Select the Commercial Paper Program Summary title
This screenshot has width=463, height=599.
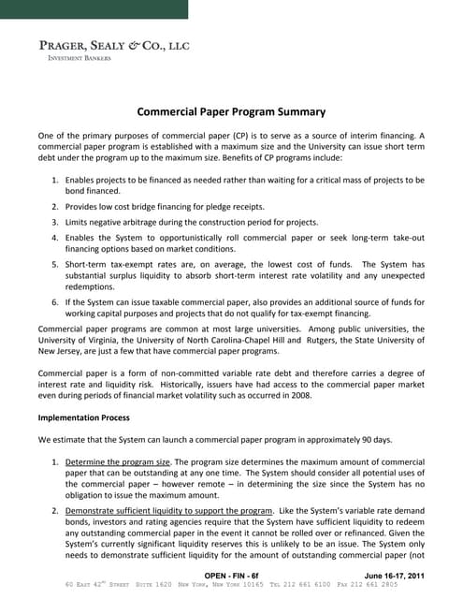pyautogui.click(x=231, y=110)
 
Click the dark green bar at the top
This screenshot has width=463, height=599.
pyautogui.click(x=94, y=9)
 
